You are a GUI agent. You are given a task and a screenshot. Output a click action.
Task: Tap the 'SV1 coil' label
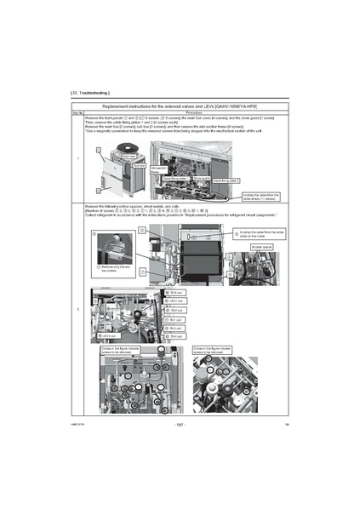tap(174, 320)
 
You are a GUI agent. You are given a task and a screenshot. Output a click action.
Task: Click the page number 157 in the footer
tap(180, 423)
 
